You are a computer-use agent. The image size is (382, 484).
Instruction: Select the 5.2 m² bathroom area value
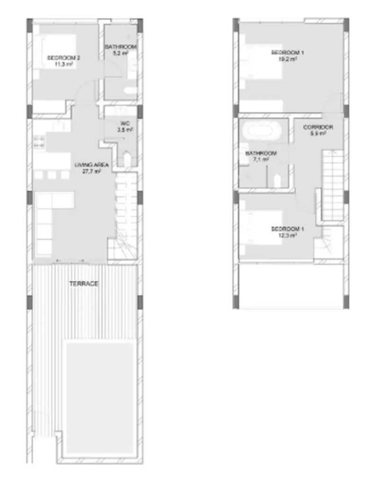coord(120,53)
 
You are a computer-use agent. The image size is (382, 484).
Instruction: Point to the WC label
coord(125,123)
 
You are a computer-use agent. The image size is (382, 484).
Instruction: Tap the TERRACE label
coord(84,284)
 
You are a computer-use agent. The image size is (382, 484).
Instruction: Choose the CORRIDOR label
coord(318,127)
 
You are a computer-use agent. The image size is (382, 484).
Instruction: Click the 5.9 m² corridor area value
coord(318,133)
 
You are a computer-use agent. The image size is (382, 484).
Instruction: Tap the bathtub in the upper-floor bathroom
coord(261,130)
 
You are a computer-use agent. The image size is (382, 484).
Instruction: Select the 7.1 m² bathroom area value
coord(260,160)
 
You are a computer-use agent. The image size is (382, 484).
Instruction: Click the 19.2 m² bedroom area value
coord(287,59)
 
